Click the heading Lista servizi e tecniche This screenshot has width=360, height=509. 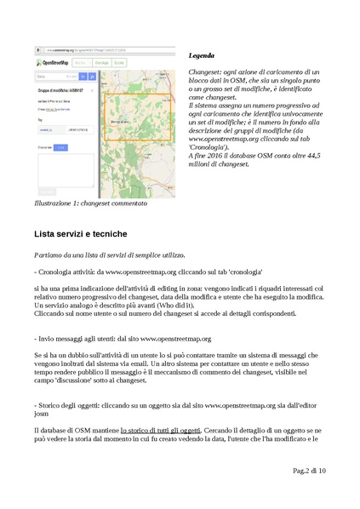point(81,233)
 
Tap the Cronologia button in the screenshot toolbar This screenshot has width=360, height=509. point(102,63)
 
